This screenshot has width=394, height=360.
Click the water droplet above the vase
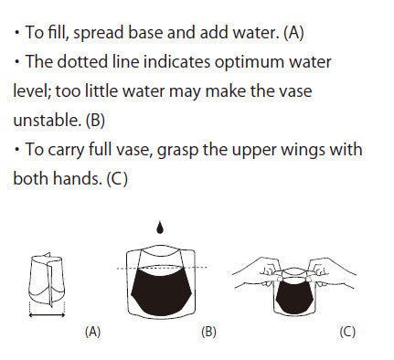(x=160, y=228)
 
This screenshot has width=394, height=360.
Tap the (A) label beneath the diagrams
(x=92, y=332)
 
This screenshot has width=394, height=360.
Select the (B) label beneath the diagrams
(x=208, y=332)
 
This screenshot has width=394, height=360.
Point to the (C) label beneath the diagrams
(x=347, y=332)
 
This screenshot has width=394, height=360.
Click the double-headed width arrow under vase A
(x=47, y=315)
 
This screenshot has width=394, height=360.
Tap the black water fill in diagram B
(x=161, y=291)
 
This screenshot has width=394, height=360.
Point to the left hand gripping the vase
(x=259, y=272)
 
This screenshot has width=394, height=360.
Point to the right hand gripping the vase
(x=331, y=272)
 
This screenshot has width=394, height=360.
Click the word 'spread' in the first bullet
(x=100, y=33)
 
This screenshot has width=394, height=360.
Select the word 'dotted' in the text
(x=82, y=61)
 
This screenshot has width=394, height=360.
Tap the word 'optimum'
(x=250, y=62)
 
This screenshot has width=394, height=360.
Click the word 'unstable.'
(x=48, y=120)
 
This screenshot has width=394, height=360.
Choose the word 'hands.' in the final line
(x=78, y=178)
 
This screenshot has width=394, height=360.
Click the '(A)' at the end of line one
(x=293, y=33)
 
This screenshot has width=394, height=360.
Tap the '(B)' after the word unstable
(x=95, y=121)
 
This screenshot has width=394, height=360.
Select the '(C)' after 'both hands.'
(x=117, y=179)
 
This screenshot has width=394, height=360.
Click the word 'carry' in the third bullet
(x=66, y=150)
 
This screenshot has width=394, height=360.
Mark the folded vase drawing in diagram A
(x=48, y=281)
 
